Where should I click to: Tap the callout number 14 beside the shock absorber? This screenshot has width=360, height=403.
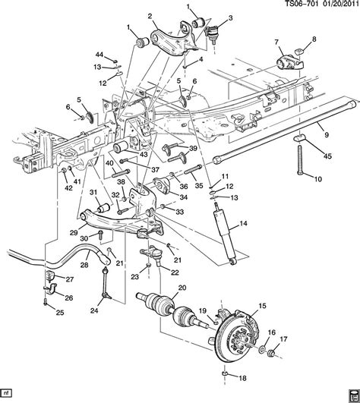coord(243,223)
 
